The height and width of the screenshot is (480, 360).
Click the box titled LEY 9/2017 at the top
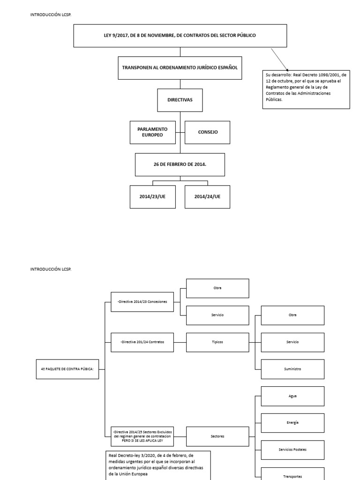(x=180, y=36)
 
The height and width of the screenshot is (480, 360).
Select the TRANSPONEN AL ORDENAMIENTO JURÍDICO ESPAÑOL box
(x=180, y=67)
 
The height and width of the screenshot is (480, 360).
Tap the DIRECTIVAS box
(x=180, y=100)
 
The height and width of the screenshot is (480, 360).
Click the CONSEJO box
(x=208, y=132)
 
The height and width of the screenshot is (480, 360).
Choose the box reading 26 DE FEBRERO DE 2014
(x=180, y=165)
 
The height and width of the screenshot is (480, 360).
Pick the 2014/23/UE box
(x=152, y=197)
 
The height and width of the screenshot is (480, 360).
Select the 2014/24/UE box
(x=207, y=197)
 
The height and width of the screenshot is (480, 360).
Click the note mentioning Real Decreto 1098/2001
(x=306, y=90)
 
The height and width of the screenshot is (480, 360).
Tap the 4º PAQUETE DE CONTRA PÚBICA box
(x=67, y=369)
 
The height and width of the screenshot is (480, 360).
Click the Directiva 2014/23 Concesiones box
(x=142, y=302)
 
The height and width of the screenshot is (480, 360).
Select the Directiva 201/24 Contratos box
(x=142, y=342)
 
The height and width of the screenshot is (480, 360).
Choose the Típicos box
(x=217, y=342)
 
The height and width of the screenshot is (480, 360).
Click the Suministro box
(x=292, y=369)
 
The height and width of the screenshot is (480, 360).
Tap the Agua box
(x=292, y=396)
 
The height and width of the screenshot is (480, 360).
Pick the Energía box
(x=292, y=423)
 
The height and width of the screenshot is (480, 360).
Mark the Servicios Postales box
(x=292, y=450)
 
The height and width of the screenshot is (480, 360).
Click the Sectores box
(x=217, y=436)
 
